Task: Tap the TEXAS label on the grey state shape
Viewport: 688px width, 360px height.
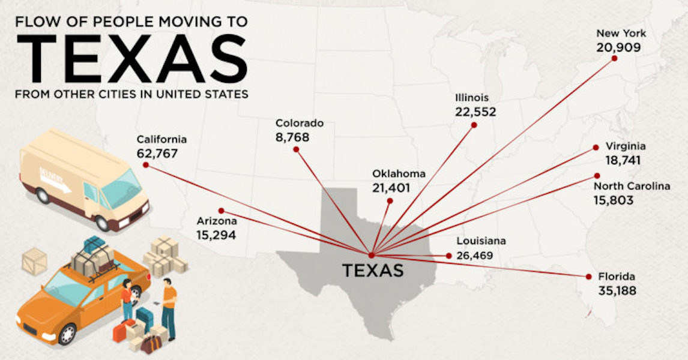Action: click(x=373, y=271)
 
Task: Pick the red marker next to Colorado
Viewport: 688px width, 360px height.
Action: click(x=295, y=149)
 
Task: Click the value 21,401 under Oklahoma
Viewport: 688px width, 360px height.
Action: click(x=391, y=188)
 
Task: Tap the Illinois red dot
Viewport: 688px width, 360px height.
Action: click(x=474, y=125)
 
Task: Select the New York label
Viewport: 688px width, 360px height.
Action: click(x=621, y=34)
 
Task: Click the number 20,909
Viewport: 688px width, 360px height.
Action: click(x=619, y=47)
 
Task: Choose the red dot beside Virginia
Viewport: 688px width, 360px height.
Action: click(x=596, y=147)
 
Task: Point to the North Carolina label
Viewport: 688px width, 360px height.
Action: click(x=632, y=187)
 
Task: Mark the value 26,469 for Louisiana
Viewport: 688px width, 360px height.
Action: click(x=474, y=256)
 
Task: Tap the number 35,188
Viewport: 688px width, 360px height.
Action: click(x=617, y=291)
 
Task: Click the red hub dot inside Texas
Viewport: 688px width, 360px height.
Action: click(x=372, y=255)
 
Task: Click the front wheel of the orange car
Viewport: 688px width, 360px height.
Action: click(x=66, y=333)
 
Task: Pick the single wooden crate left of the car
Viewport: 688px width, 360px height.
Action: click(x=34, y=261)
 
